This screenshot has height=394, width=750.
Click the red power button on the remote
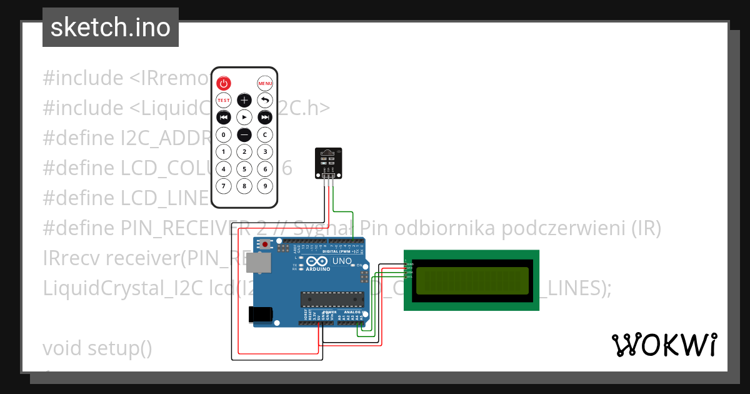coord(224,83)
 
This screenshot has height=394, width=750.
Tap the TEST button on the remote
coord(224,100)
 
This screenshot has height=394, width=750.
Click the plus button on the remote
coord(244,100)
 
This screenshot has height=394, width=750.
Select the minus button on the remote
coord(244,134)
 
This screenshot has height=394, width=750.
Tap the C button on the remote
coord(265,134)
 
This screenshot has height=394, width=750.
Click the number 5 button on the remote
coord(244,169)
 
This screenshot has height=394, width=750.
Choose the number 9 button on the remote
coord(265,186)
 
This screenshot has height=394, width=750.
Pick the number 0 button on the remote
coord(224,134)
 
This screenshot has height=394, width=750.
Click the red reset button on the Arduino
coord(266,245)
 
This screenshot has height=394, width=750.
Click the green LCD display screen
coord(472,281)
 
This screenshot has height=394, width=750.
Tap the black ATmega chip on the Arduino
coord(331,300)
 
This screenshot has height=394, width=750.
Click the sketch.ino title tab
coord(111,28)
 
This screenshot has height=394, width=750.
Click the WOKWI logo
coord(664,345)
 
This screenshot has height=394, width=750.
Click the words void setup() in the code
coord(97,348)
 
